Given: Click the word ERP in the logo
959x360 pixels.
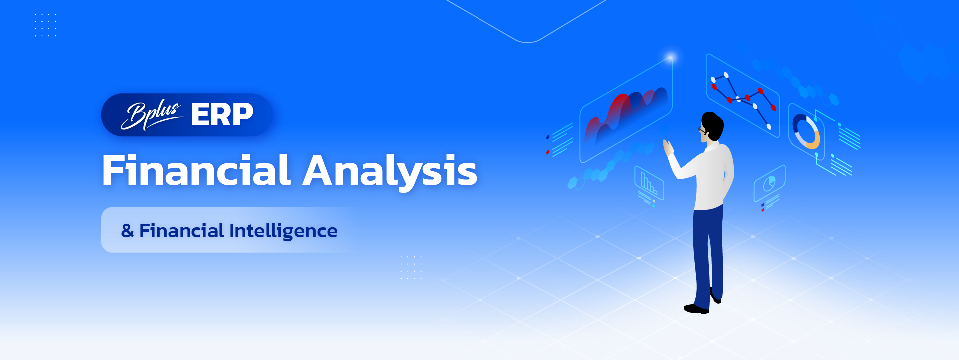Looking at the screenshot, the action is point(222,115).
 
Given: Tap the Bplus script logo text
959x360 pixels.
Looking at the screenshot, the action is point(151,116).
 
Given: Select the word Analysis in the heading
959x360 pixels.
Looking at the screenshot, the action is point(390,172).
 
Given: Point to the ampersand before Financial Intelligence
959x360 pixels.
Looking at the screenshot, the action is point(127,231).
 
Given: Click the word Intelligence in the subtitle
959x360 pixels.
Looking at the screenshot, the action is point(283,231).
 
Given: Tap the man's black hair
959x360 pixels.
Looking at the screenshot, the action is point(713,125).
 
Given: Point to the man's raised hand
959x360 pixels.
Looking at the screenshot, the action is point(668,148).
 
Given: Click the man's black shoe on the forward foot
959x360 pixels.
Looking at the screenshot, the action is point(696,309).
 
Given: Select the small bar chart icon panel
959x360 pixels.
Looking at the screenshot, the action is point(649,183).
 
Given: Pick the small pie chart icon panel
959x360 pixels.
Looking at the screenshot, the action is point(769,183).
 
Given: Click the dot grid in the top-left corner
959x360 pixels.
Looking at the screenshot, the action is point(45,25).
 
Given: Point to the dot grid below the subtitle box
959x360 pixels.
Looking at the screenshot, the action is point(411,267).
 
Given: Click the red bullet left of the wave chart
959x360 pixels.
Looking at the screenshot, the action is point(548,152).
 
